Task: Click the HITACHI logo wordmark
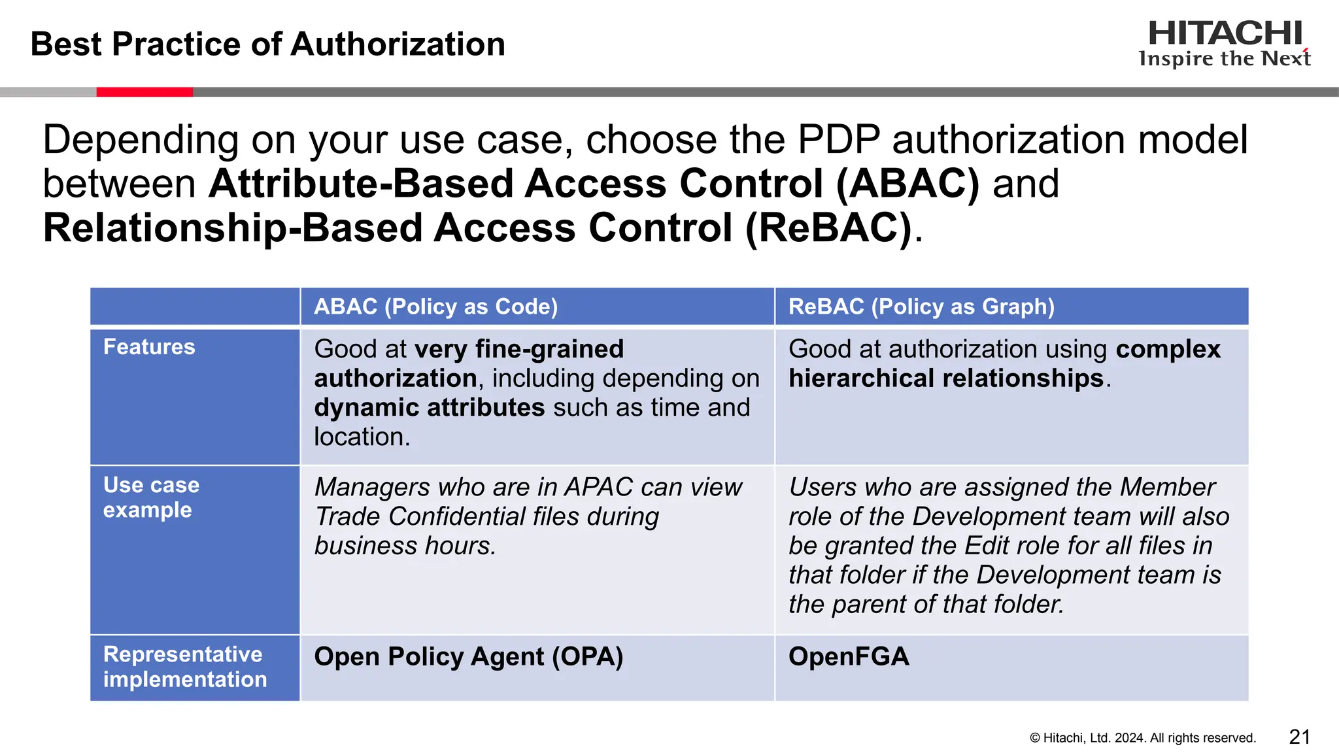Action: click(1225, 33)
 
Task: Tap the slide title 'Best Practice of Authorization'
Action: click(267, 44)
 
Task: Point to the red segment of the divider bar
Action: click(144, 92)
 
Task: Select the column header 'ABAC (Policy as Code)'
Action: click(435, 307)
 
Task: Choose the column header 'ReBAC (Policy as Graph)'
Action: click(921, 307)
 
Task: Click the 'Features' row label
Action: click(149, 347)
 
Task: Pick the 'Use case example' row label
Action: click(151, 497)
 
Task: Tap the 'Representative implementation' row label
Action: click(185, 667)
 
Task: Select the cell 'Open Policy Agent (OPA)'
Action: click(468, 657)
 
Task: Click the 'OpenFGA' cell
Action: click(849, 657)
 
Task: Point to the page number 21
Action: click(1299, 737)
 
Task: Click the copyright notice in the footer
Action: click(1142, 738)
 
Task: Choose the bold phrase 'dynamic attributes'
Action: click(429, 408)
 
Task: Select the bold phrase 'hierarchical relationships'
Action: click(946, 378)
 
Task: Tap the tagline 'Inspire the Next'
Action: click(1225, 59)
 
